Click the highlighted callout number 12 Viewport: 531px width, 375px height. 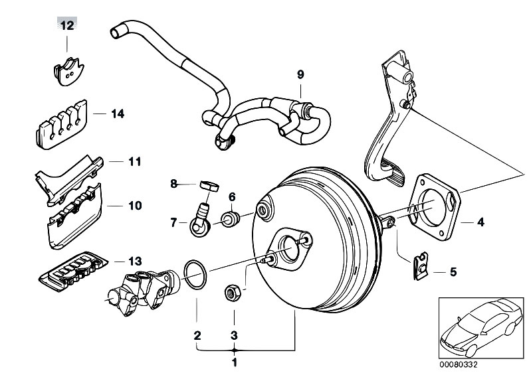(x=68, y=26)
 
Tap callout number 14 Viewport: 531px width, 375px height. (x=118, y=113)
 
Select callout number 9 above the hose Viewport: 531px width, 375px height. (x=300, y=74)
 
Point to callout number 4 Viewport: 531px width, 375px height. (x=480, y=222)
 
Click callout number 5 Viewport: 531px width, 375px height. (x=453, y=271)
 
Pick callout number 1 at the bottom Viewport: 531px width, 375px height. (x=234, y=363)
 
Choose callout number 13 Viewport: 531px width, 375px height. (x=136, y=262)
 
